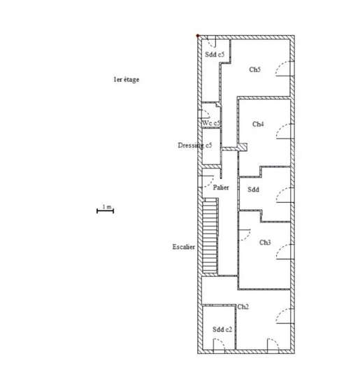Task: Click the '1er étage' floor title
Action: click(x=127, y=80)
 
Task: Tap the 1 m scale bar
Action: click(x=105, y=211)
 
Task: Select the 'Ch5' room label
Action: click(x=255, y=69)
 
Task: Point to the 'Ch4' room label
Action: click(x=258, y=124)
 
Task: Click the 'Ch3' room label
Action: click(x=265, y=243)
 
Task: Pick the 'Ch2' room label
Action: click(x=243, y=307)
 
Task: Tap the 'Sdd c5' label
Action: click(x=215, y=55)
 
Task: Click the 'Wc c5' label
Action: click(x=211, y=123)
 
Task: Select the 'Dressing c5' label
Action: click(x=195, y=145)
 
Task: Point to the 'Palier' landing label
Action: click(x=221, y=187)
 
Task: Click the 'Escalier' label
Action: click(x=184, y=247)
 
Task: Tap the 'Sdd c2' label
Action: click(x=222, y=329)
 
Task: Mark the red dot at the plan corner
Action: click(x=198, y=36)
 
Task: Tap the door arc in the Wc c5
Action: click(x=208, y=113)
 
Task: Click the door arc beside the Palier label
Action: click(x=210, y=182)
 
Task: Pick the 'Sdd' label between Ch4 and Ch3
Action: click(x=253, y=190)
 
